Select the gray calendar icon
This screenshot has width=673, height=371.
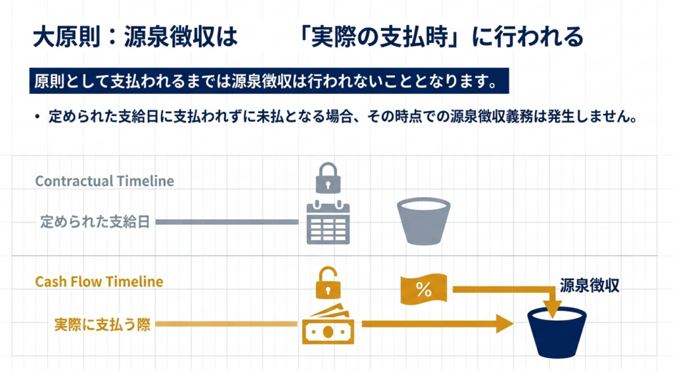(328, 222)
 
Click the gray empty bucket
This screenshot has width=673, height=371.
(424, 220)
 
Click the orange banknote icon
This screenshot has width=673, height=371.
(328, 325)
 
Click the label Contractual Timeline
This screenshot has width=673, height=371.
(104, 181)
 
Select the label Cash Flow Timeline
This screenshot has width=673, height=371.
(99, 282)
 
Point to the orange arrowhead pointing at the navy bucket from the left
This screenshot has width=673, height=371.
(504, 323)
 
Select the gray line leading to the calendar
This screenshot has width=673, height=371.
(227, 222)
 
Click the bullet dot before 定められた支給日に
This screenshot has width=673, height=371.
(37, 118)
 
